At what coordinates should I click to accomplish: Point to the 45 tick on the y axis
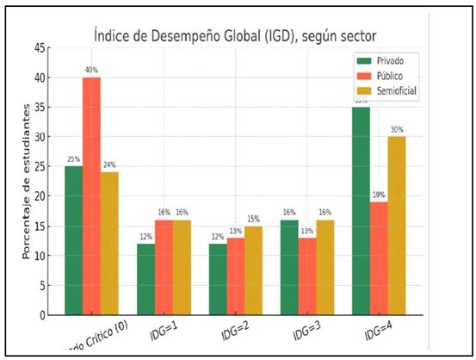tap(40, 48)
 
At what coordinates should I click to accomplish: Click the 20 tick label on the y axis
tap(40, 196)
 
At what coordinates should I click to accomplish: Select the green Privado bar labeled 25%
tap(73, 241)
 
